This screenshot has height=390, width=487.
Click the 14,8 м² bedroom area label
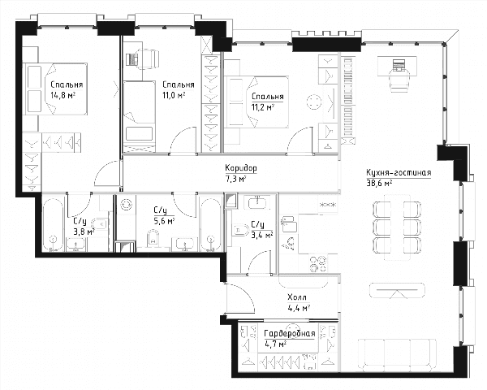(63, 95)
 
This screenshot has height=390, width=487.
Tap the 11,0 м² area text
(174, 95)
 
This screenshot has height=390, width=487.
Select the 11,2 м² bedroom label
(263, 107)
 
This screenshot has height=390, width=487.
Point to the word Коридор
(241, 168)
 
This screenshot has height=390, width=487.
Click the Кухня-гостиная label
(399, 172)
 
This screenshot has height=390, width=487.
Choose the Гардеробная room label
(290, 334)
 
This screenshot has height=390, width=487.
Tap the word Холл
(297, 297)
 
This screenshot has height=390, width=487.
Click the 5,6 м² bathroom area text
(164, 221)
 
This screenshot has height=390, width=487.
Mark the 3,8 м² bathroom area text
(84, 232)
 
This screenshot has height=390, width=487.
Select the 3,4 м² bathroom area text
(262, 235)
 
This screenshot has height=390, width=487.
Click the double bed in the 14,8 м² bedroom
(56, 89)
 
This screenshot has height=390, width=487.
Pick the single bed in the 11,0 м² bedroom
(139, 117)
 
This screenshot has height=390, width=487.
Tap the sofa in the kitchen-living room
(397, 353)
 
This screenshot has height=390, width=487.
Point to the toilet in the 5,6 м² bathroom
(153, 238)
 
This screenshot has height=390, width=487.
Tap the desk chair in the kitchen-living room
(399, 80)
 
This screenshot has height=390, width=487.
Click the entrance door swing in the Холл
(242, 298)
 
